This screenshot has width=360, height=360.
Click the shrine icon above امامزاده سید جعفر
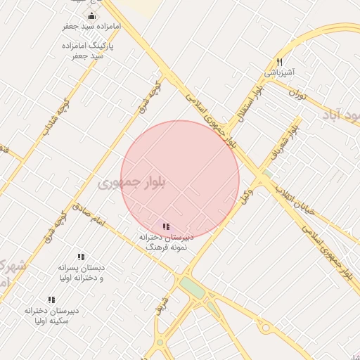point(91,16)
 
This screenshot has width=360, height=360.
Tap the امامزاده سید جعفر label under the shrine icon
point(91,26)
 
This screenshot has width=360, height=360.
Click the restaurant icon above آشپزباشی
point(280,62)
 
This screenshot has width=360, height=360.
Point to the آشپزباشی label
point(279,72)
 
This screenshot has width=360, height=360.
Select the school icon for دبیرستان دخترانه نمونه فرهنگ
point(166,226)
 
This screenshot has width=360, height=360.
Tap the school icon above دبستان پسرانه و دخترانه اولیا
point(81,257)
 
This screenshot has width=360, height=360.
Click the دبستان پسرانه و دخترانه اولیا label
point(81,273)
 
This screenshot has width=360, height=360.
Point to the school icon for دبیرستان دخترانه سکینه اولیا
point(51,300)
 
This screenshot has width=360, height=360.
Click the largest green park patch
point(191,288)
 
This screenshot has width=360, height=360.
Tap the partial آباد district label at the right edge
point(341,114)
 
